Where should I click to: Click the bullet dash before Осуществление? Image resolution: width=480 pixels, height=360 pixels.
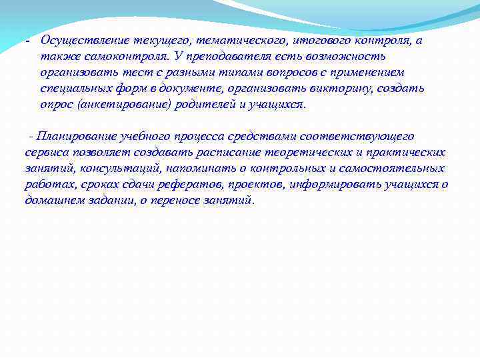coord(27,42)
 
